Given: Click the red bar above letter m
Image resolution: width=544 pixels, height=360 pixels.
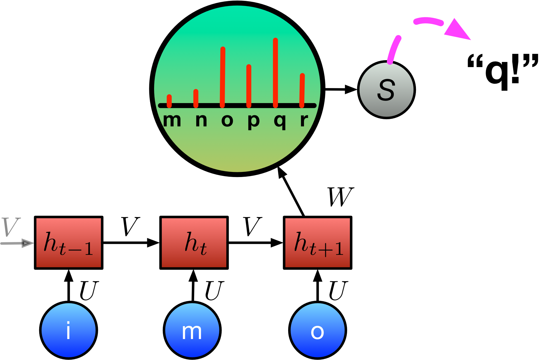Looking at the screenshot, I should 169,101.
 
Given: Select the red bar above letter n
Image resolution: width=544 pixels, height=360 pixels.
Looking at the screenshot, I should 196,98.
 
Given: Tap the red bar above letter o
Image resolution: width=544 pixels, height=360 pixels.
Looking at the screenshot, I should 222,77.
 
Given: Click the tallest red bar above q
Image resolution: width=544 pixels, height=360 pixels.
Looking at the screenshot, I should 275,72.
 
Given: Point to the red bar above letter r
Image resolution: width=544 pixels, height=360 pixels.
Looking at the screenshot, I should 302,90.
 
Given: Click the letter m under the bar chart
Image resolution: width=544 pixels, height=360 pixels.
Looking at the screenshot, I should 172,120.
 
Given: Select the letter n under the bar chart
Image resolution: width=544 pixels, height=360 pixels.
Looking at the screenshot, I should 201,120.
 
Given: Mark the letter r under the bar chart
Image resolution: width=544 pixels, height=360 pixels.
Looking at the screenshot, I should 304,120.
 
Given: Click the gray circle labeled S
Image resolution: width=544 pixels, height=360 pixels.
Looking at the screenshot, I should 386,90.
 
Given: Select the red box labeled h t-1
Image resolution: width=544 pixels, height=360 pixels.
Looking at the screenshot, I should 69,243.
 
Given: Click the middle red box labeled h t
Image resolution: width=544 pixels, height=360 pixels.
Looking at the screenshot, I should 194,243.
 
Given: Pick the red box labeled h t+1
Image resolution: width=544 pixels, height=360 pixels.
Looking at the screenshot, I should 317,243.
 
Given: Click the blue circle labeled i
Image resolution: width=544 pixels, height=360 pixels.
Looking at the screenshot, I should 69,330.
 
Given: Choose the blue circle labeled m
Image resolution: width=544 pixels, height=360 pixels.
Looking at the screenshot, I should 192,330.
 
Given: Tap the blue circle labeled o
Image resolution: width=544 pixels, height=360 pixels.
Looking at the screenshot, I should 317,330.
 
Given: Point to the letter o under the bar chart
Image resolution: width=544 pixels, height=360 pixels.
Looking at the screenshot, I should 227,120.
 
